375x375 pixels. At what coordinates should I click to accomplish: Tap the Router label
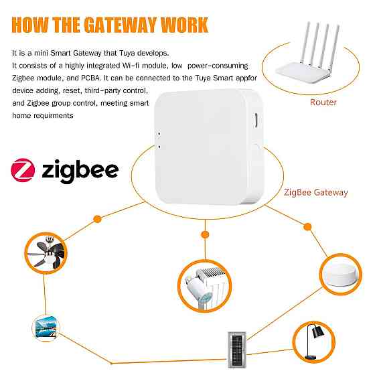tap(323, 102)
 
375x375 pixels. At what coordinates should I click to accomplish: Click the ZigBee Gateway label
tap(316, 192)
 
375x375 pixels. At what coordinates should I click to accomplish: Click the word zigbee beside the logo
tap(80, 169)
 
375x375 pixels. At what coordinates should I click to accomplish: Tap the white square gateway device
tap(207, 147)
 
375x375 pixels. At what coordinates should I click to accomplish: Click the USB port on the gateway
tap(258, 123)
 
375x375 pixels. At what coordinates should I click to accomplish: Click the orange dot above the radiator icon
tap(204, 234)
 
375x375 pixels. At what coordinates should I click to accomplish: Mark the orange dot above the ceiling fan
tap(97, 218)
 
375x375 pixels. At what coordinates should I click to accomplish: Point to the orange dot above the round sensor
tap(308, 226)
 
